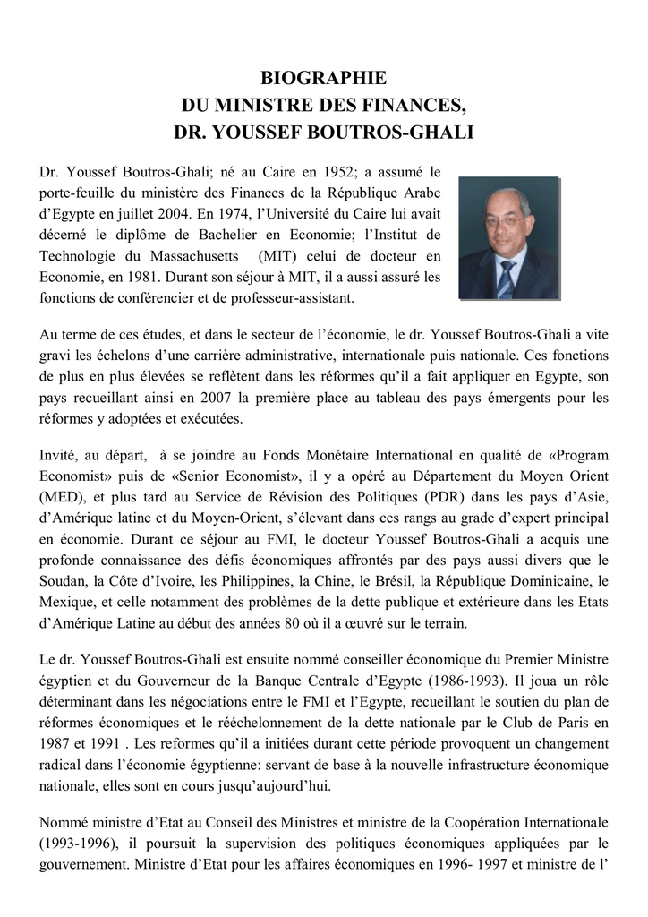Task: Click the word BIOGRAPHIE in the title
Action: coord(323,79)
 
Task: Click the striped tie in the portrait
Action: coord(507,278)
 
